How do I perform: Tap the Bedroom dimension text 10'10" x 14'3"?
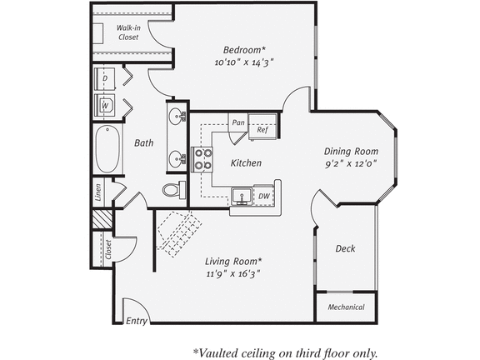(x=244, y=62)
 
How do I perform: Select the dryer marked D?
(x=105, y=78)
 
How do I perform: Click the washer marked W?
(x=106, y=107)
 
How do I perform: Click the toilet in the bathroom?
(x=172, y=190)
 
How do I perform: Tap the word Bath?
(x=144, y=143)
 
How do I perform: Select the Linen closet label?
(x=98, y=193)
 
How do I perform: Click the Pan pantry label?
(x=238, y=122)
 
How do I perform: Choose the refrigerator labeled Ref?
(x=262, y=130)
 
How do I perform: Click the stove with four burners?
(x=202, y=158)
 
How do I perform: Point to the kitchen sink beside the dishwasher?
(x=242, y=196)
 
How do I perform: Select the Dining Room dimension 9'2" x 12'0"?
(x=351, y=164)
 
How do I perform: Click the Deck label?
(x=346, y=249)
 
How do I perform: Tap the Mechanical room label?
(x=346, y=307)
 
